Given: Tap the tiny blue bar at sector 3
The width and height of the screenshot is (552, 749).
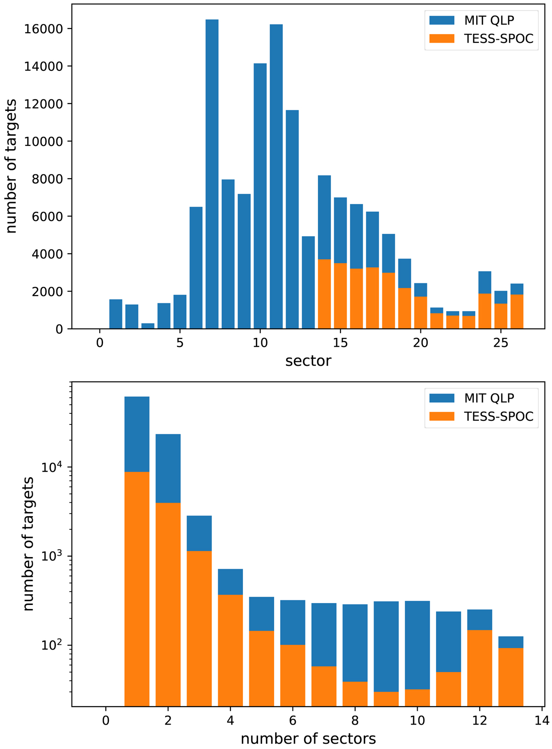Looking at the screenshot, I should click(x=148, y=326).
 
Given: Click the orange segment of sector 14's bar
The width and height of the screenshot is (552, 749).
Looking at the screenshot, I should click(x=324, y=294).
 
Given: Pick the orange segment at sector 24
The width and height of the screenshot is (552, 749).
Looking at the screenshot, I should click(x=485, y=311).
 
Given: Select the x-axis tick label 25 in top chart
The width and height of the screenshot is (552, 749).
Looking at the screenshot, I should click(x=501, y=343).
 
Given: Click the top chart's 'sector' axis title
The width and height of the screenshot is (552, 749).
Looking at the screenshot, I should click(x=308, y=360).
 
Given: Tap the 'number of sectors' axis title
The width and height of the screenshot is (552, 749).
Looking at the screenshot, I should click(x=308, y=738).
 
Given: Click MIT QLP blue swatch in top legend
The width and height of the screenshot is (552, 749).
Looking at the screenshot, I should click(x=442, y=20).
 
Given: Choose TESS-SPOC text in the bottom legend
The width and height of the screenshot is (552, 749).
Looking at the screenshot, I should click(x=499, y=416).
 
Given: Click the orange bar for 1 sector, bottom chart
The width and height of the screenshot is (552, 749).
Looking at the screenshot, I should click(x=137, y=589).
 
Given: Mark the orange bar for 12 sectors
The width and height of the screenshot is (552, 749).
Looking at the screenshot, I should click(x=480, y=668).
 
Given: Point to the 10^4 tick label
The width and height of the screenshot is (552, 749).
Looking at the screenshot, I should click(x=54, y=467).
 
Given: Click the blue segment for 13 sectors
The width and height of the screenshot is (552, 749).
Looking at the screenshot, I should click(x=511, y=642).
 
